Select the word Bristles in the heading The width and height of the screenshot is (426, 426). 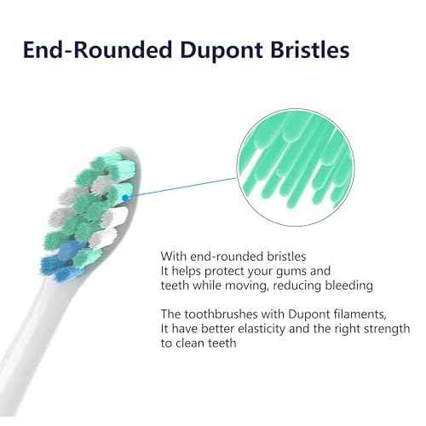309,49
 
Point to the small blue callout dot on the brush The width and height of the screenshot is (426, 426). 126,196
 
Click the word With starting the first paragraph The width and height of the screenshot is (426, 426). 176,255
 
